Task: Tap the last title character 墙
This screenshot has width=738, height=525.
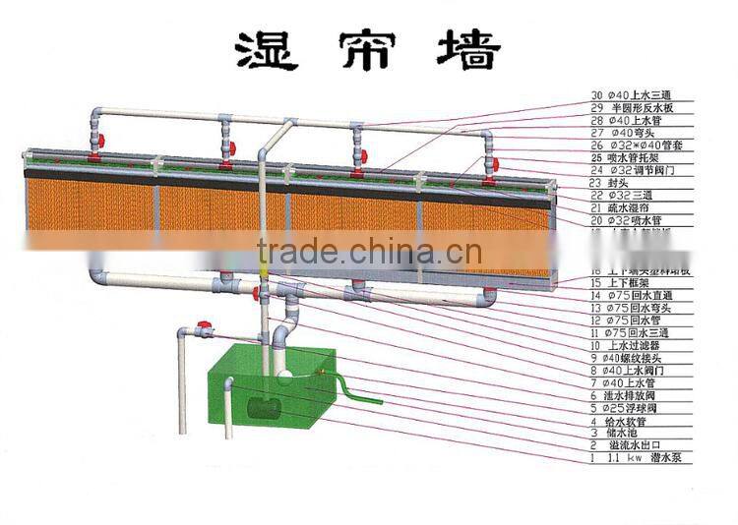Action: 471,50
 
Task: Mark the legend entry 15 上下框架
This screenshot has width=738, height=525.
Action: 621,281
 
